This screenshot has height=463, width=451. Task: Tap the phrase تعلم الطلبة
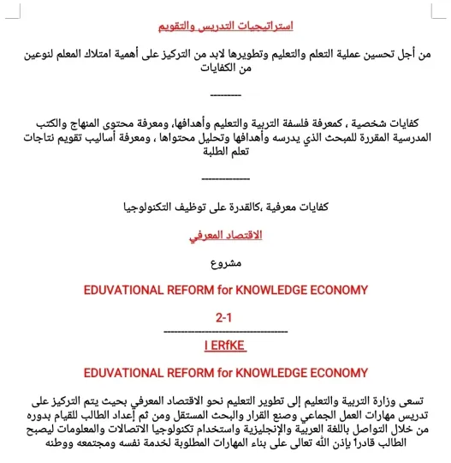click(x=225, y=157)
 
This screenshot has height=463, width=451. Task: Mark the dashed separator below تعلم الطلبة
click(x=225, y=179)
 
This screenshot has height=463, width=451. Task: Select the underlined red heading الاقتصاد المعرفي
click(x=225, y=233)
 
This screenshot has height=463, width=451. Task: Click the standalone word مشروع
click(x=225, y=262)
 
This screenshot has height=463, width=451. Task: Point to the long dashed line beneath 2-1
click(x=225, y=330)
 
